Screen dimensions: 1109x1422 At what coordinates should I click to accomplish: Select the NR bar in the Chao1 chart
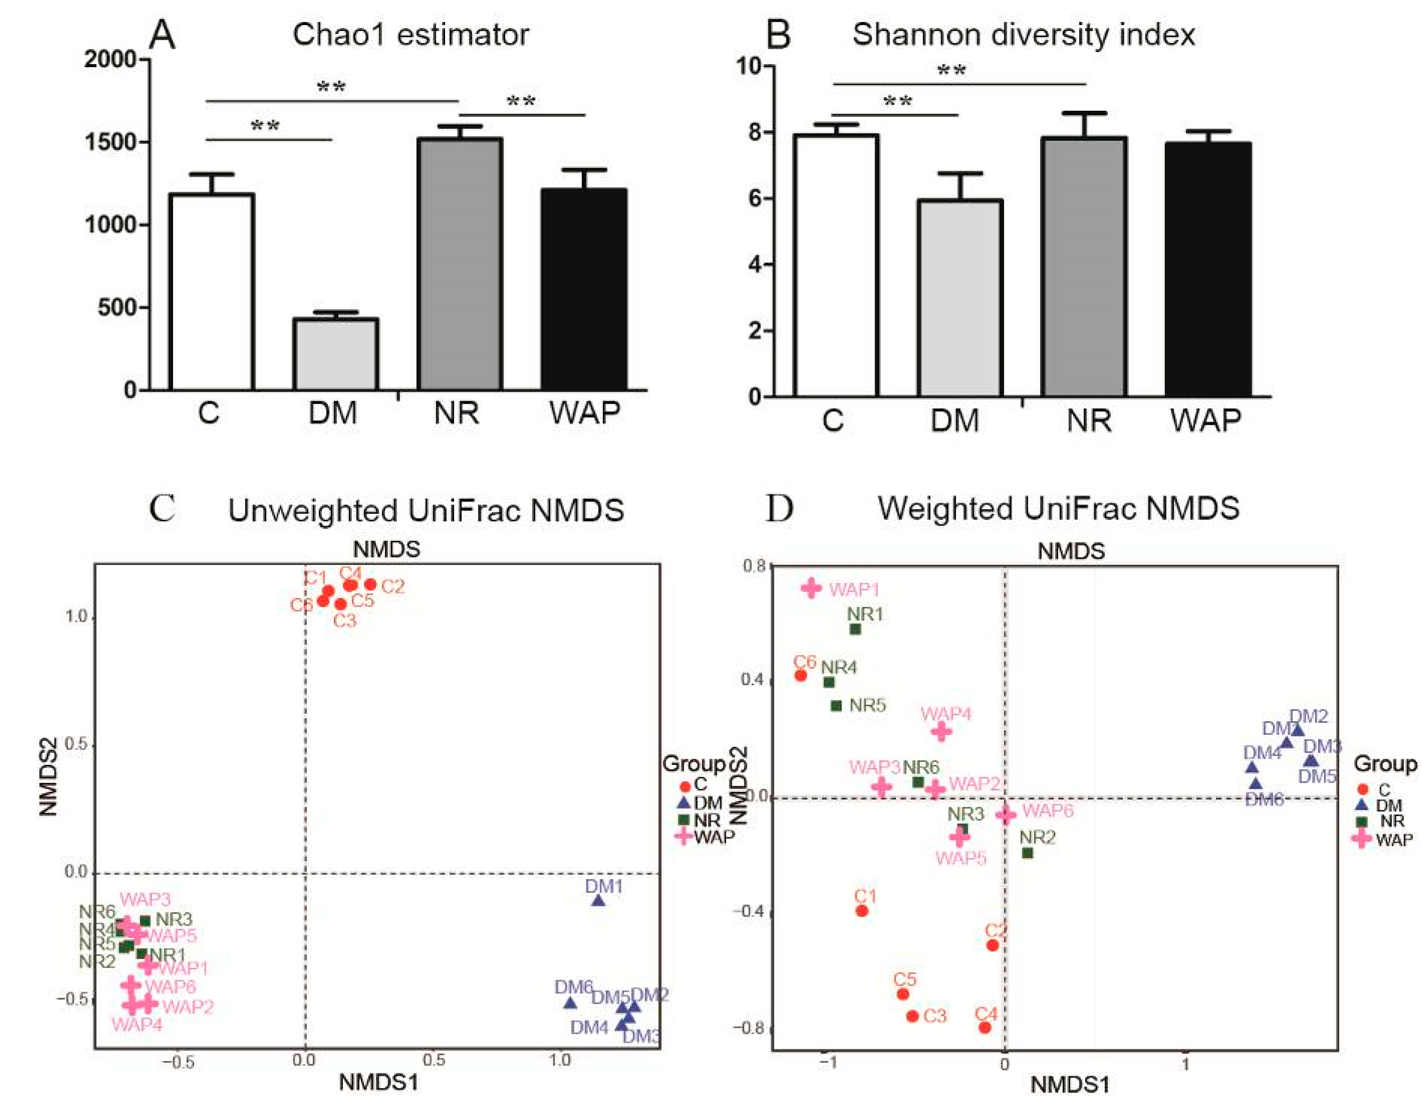(459, 264)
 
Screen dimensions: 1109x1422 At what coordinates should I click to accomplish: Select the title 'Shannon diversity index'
(1024, 35)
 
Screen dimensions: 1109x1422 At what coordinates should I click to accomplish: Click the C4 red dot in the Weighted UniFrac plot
(984, 1028)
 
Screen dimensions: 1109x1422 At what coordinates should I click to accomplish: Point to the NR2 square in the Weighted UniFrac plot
(1028, 853)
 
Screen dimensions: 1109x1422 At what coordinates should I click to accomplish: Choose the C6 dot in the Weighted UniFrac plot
(801, 676)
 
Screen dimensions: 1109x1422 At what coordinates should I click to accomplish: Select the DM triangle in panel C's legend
(684, 803)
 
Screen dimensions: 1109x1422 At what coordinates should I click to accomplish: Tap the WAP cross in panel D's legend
(1361, 839)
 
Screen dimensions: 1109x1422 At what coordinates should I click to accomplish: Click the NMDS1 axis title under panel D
(1070, 1085)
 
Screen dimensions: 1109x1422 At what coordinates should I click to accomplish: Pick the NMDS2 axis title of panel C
(48, 776)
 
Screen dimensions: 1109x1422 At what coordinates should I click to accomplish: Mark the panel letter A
(162, 35)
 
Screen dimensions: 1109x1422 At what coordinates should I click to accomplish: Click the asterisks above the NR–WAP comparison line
(521, 102)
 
